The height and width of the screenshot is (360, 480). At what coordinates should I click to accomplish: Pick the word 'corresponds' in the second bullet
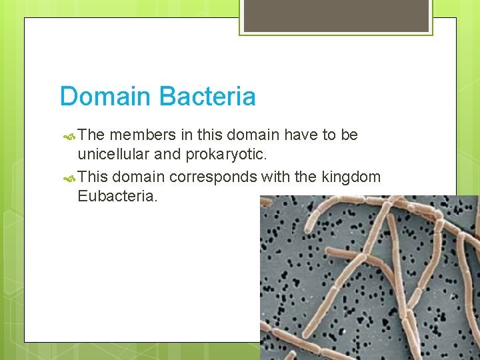tap(213, 177)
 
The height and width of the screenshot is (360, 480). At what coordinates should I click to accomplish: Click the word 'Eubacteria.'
tap(118, 197)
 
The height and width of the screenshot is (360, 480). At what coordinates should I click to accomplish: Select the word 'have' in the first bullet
tap(301, 135)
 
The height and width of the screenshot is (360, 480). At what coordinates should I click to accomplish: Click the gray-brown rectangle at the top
tap(335, 15)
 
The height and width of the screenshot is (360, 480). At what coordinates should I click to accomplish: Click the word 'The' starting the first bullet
tap(91, 135)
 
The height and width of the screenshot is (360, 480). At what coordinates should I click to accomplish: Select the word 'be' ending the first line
tap(349, 135)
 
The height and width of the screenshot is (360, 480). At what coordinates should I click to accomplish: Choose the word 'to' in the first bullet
tap(329, 135)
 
